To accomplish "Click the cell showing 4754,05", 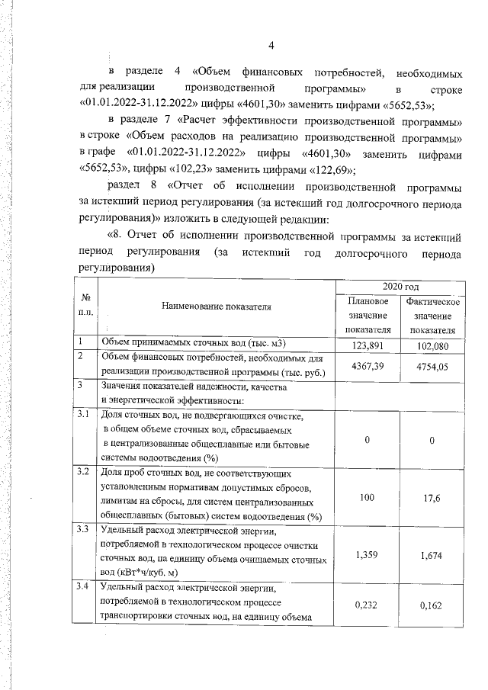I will (432, 366).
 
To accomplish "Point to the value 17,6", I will (432, 497).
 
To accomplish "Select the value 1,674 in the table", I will (432, 555).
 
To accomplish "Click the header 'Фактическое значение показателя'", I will (432, 316).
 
